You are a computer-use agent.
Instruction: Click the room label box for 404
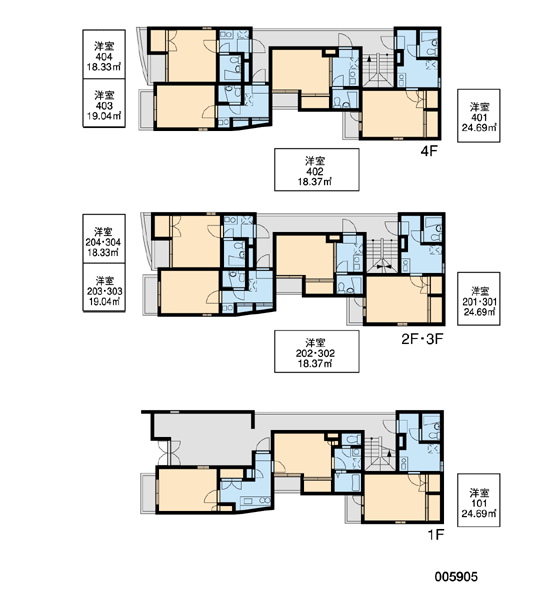point(104,54)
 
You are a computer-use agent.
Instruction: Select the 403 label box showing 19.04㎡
point(104,103)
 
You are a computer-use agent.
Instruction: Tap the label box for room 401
point(478,116)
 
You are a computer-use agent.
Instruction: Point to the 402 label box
point(317,170)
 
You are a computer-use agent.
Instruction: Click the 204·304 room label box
point(104,239)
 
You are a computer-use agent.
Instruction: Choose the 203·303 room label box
point(104,287)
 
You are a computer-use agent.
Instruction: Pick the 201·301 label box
point(478,299)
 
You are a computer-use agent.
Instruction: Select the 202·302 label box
point(317,351)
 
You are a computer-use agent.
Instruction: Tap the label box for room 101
point(478,500)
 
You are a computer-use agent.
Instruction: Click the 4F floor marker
point(428,151)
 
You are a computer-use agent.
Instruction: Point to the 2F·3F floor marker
point(422,339)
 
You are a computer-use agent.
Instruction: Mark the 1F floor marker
point(435,534)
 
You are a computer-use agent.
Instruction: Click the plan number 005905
point(456,577)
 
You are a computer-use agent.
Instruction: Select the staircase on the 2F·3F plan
point(382,256)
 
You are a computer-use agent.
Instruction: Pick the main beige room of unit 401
point(393,113)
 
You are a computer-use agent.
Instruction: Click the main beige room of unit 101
point(395,497)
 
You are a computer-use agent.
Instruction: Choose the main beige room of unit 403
point(186,106)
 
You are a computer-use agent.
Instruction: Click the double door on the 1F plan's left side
point(168,452)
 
